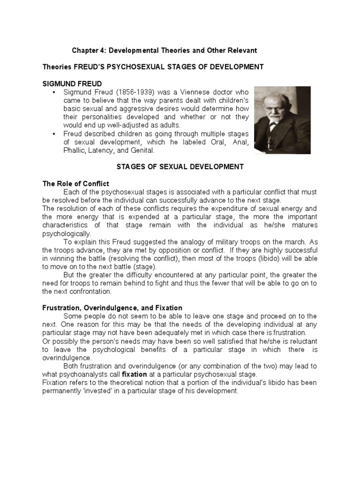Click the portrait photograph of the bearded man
(x=282, y=120)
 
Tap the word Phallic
(x=75, y=151)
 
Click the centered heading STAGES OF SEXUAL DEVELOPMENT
(x=179, y=166)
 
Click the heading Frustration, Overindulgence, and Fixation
(x=112, y=307)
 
